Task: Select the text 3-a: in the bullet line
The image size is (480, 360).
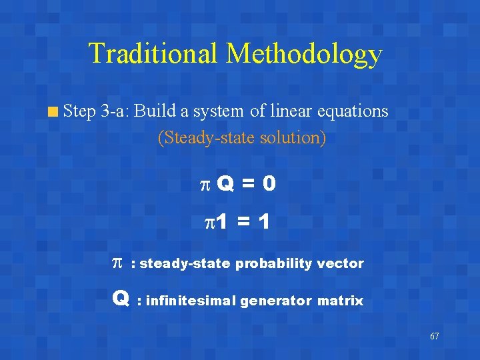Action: pos(115,111)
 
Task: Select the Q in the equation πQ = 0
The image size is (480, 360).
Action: pos(225,184)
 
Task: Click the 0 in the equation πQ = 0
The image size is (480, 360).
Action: pos(268,184)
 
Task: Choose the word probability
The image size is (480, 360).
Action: pos(271,263)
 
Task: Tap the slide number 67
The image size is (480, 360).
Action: pos(434,336)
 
